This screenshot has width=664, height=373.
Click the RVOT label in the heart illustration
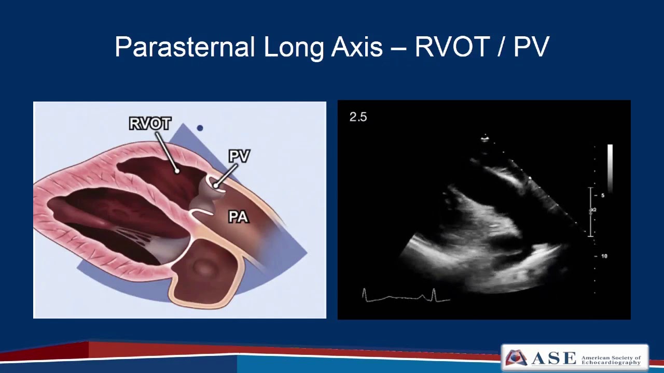click(149, 124)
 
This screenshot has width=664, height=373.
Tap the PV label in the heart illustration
click(239, 156)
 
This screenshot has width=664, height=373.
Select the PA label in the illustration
click(239, 217)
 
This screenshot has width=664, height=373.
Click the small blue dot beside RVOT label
click(200, 128)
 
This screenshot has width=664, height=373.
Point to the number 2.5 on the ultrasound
click(358, 117)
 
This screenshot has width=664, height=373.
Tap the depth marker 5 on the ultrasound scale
click(603, 195)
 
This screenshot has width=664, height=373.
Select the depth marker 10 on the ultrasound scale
click(604, 256)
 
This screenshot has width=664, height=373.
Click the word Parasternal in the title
click(184, 48)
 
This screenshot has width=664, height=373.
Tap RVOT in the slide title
click(452, 48)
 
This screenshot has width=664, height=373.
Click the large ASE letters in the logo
click(553, 358)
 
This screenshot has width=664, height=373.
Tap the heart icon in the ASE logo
click(516, 358)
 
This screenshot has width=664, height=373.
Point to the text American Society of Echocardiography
click(611, 360)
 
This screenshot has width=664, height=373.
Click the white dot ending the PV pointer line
click(215, 185)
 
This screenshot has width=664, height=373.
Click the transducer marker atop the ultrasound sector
click(485, 138)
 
